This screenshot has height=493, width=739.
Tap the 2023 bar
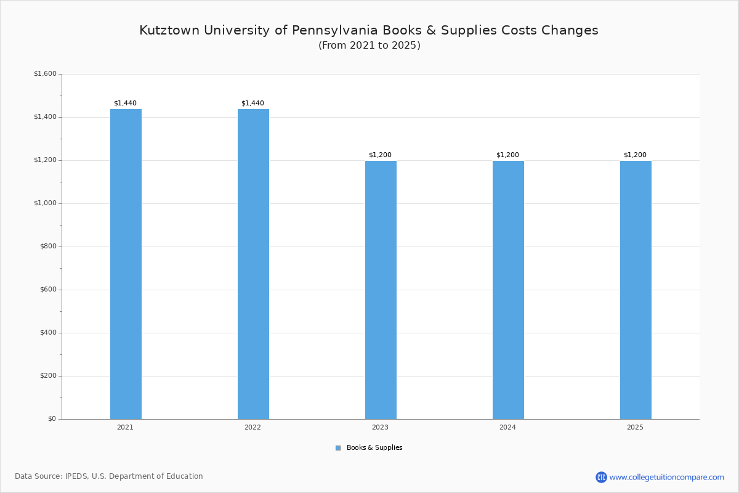381,290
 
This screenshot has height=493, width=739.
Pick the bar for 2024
508,290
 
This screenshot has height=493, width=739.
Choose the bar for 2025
636,290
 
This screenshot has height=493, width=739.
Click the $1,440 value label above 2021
125,103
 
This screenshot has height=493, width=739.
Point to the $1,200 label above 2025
635,155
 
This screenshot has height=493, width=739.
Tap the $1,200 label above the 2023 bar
380,155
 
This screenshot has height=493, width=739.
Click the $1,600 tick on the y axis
45,74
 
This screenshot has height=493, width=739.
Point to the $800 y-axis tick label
48,246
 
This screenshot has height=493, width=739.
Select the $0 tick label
52,419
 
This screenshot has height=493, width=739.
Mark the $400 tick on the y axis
48,333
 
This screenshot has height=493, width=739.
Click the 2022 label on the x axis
252,427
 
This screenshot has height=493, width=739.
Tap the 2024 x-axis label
507,427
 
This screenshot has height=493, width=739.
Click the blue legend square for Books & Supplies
338,448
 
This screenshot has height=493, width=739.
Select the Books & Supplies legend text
374,448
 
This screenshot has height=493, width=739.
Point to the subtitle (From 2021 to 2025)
369,46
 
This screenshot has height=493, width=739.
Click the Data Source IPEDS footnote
109,476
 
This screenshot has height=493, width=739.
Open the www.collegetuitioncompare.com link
666,477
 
